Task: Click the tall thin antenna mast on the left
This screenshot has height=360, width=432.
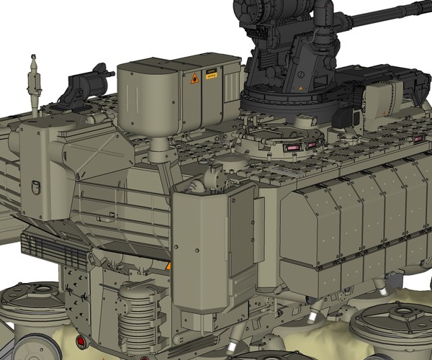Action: tap(32, 83)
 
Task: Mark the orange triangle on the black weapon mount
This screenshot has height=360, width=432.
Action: tap(298, 89)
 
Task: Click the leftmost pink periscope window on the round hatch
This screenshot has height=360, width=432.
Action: tap(294, 148)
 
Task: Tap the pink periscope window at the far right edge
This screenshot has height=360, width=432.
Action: tap(417, 138)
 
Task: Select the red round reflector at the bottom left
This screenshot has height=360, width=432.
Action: tap(80, 341)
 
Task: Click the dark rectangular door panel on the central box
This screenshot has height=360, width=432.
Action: tap(240, 230)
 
